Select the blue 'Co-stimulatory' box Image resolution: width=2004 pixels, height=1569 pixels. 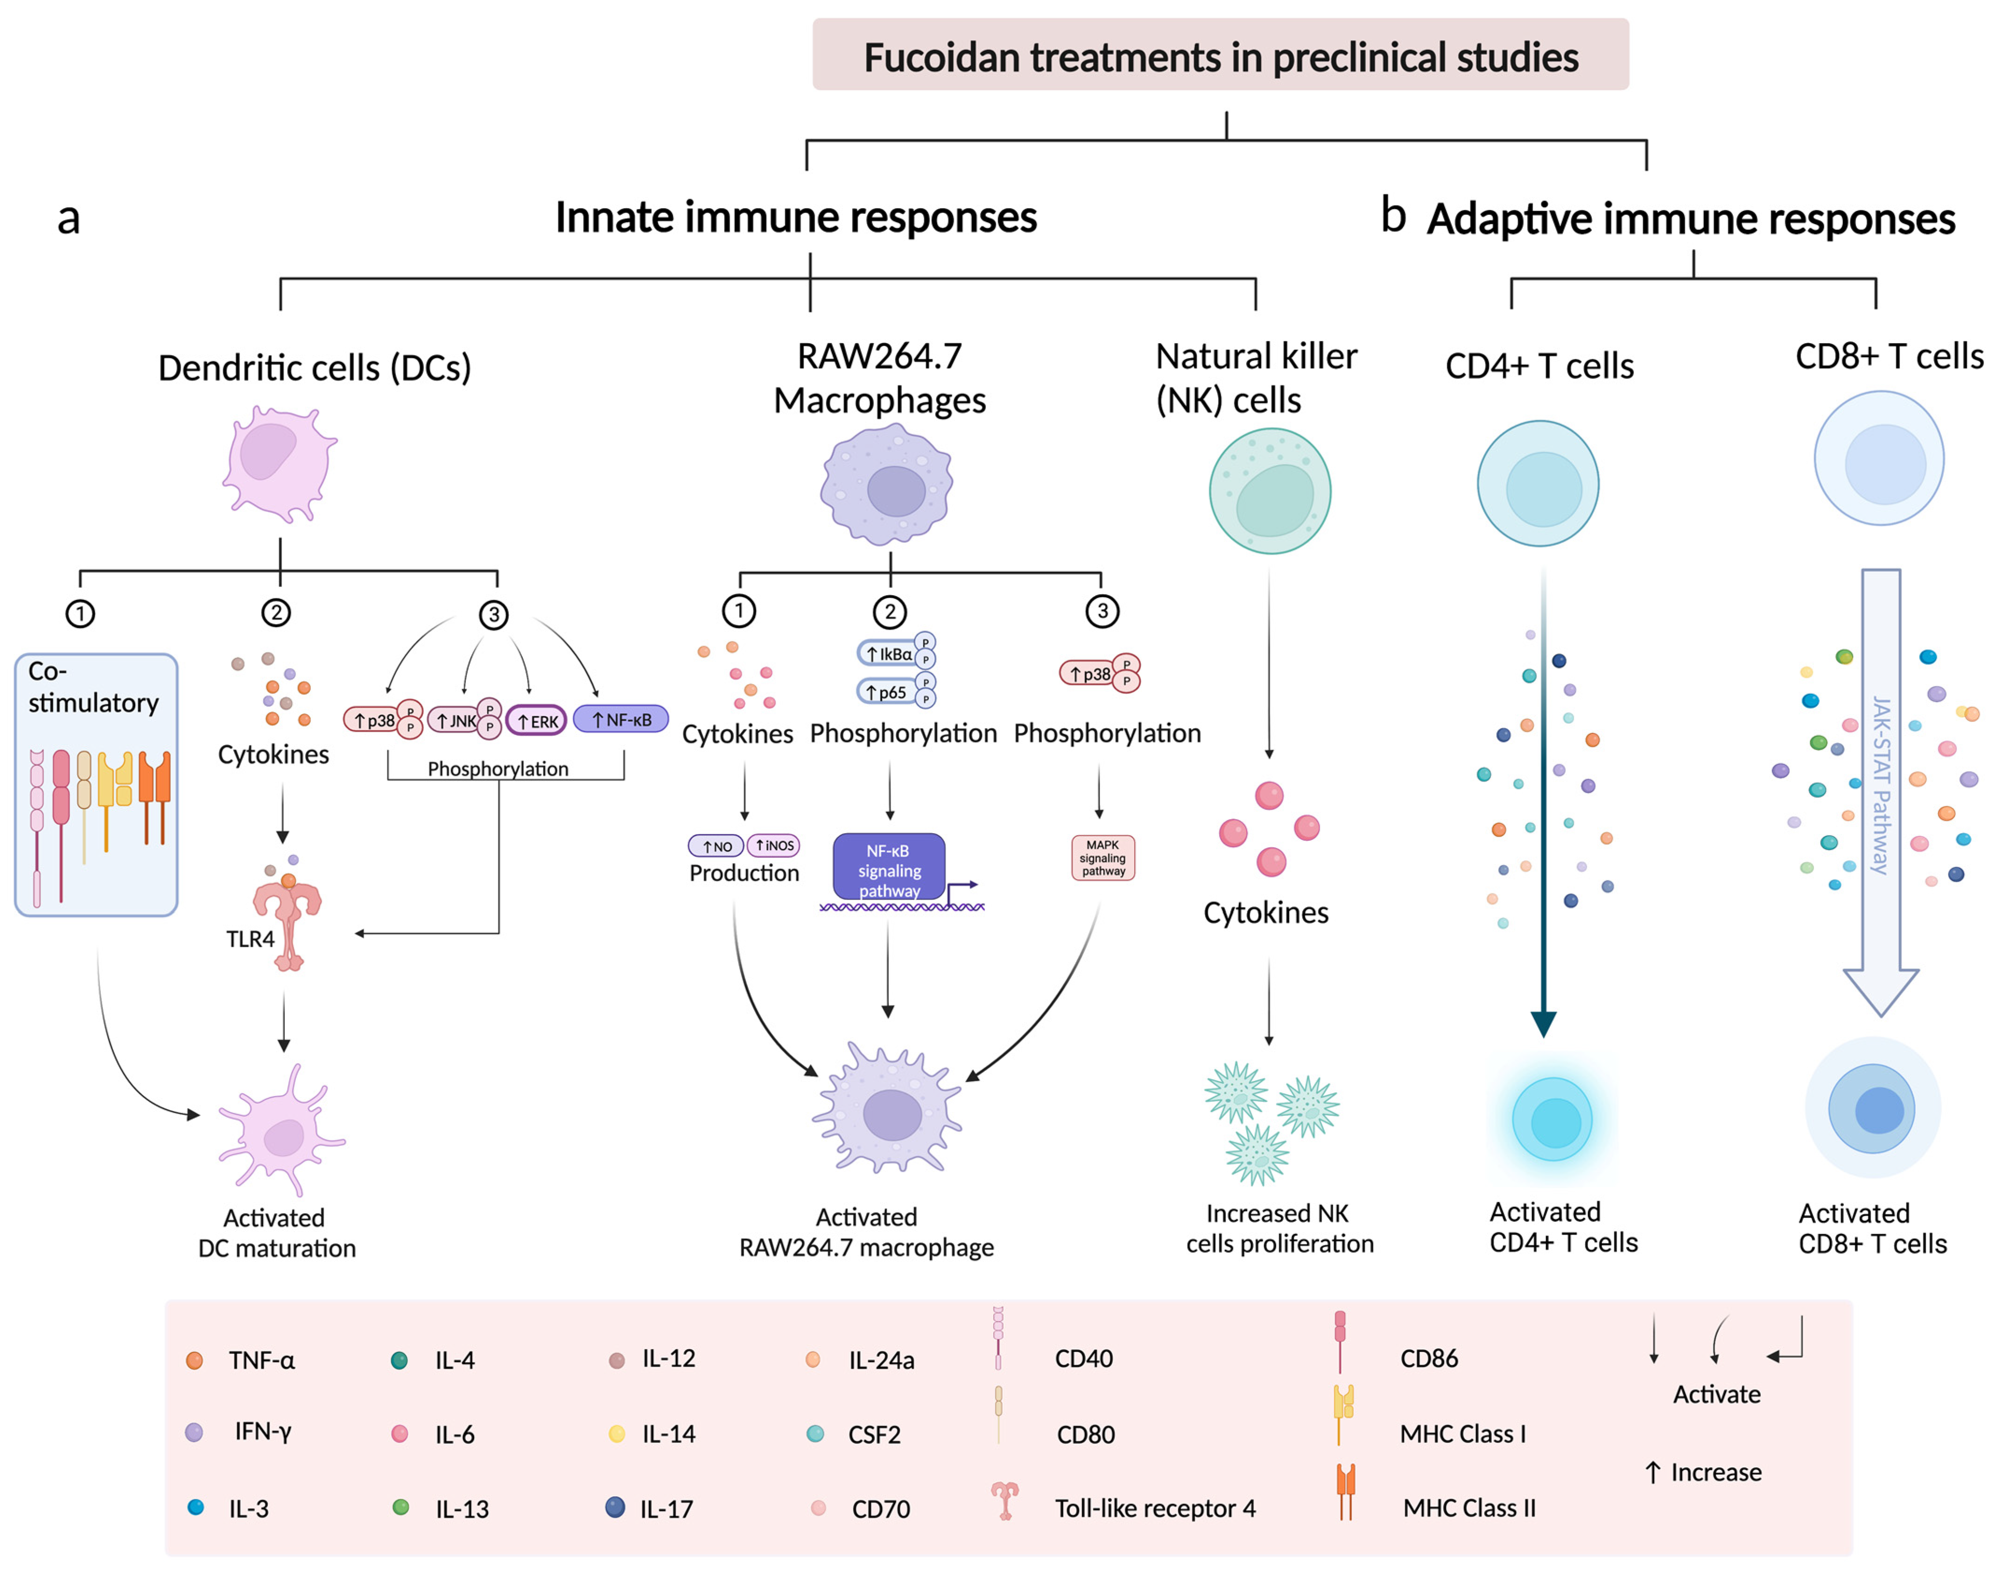[96, 784]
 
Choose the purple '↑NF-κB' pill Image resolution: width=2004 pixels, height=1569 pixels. [621, 719]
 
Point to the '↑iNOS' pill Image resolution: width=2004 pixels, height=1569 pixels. [773, 845]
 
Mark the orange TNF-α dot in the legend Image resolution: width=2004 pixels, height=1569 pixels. [194, 1360]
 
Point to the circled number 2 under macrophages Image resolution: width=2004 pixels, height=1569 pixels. [889, 611]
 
